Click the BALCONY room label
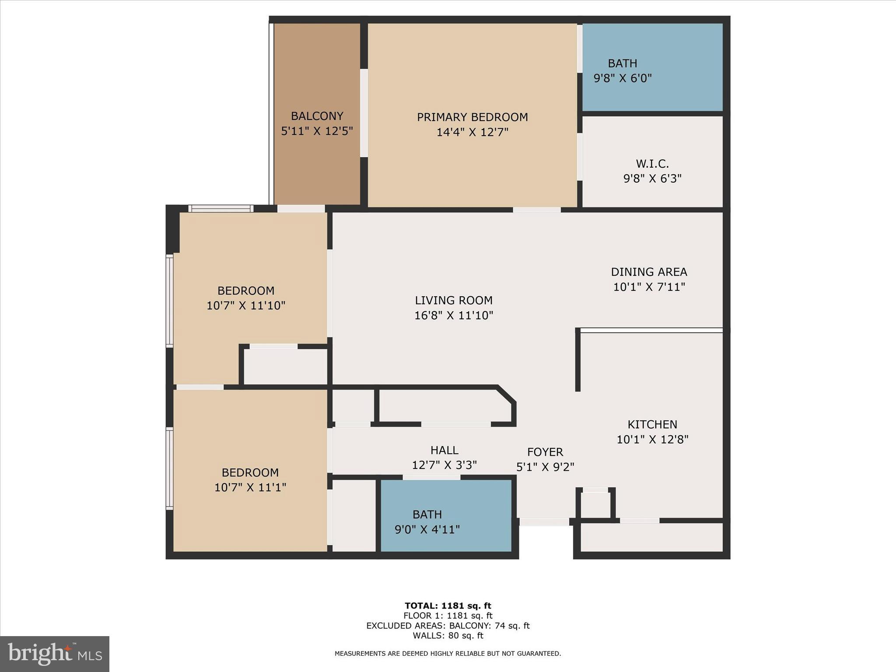point(317,116)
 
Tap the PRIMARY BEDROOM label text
point(472,117)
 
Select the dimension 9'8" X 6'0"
point(623,78)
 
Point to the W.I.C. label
point(652,164)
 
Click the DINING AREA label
point(649,272)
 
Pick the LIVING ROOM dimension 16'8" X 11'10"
point(454,315)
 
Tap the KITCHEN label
point(652,424)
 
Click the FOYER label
point(545,452)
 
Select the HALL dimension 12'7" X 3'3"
point(444,465)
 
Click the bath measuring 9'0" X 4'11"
point(427,522)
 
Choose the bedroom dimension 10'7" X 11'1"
point(250,487)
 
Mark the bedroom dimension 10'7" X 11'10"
point(245,305)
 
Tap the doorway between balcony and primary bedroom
point(364,112)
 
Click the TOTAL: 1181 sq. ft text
point(448,606)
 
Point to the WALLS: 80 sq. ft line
point(448,636)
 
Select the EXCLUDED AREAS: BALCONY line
point(448,626)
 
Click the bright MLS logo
point(55,654)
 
